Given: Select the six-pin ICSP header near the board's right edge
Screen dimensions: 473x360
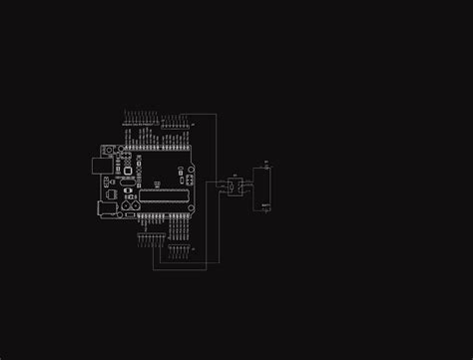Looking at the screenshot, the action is [189, 180].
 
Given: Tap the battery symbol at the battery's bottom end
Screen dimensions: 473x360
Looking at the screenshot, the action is [265, 206].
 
